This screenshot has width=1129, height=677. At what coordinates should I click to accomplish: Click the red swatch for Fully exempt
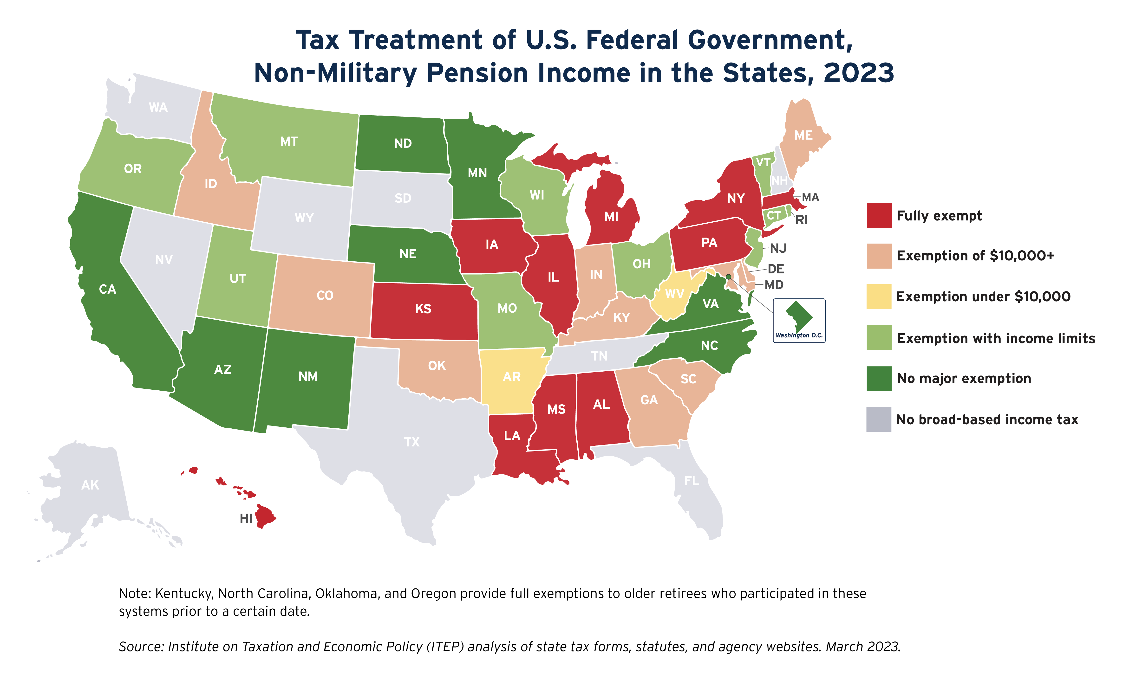[878, 215]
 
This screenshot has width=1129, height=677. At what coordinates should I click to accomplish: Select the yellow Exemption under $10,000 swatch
[878, 297]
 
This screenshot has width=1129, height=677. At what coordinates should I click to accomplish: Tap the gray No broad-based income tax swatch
[878, 419]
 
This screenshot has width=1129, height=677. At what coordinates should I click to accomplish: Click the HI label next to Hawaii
[246, 519]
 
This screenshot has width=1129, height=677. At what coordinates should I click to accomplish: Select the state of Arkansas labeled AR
[512, 377]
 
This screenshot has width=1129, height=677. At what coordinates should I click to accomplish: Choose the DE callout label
[776, 269]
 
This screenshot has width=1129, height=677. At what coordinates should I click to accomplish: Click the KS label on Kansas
[423, 309]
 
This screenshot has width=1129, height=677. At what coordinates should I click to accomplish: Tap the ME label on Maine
[803, 135]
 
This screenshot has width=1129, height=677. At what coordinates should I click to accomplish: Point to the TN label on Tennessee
[599, 356]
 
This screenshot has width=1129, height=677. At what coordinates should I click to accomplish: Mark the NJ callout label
[778, 249]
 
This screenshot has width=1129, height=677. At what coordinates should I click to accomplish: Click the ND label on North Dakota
[403, 144]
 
